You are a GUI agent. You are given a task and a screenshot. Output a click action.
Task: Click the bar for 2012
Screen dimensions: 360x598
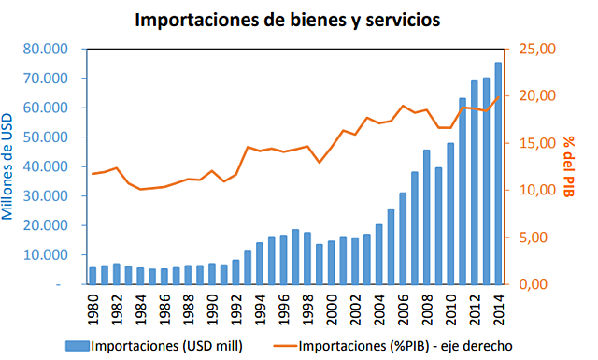pos(475,182)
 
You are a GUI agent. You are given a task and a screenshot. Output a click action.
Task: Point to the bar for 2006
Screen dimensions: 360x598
pos(403,238)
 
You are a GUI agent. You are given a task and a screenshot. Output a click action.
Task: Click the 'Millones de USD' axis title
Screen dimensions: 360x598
pos(11,164)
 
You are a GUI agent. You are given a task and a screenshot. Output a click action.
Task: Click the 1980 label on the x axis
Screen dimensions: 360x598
pos(93,308)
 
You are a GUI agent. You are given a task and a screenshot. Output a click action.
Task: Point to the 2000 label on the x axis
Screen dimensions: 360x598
pos(331,308)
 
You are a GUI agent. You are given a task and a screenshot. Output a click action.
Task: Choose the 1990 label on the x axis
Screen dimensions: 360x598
pos(212,308)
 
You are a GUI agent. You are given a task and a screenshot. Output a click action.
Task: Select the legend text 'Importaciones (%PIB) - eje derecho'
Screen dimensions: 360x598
pos(406,345)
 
